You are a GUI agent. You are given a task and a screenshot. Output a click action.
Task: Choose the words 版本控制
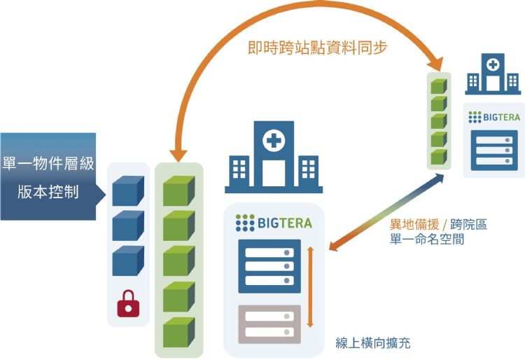(48, 192)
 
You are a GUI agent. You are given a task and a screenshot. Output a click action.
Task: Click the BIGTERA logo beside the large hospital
(274, 223)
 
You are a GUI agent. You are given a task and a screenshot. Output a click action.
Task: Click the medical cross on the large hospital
(274, 141)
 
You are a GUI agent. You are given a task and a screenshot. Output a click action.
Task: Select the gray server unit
(269, 324)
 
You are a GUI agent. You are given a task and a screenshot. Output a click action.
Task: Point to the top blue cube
(127, 191)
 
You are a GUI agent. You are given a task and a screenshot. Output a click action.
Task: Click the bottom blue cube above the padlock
(127, 261)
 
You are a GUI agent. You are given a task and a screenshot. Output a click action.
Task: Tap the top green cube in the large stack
(178, 191)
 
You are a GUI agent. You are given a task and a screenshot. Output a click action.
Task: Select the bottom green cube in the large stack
(178, 331)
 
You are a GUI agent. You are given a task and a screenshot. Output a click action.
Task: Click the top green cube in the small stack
(438, 87)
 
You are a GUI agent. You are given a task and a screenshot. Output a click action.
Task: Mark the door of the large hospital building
(274, 172)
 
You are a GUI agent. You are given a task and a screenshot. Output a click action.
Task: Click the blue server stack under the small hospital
(494, 148)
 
